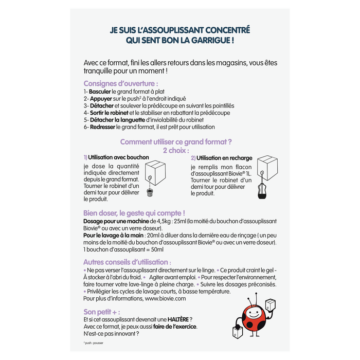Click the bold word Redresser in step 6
pyautogui.click(x=102, y=127)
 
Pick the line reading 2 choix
pyautogui.click(x=176, y=150)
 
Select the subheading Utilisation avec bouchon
pyautogui.click(x=118, y=157)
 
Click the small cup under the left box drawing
pyautogui.click(x=150, y=193)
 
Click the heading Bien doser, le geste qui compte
pyautogui.click(x=134, y=213)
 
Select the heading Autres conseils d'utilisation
pyautogui.click(x=127, y=262)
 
